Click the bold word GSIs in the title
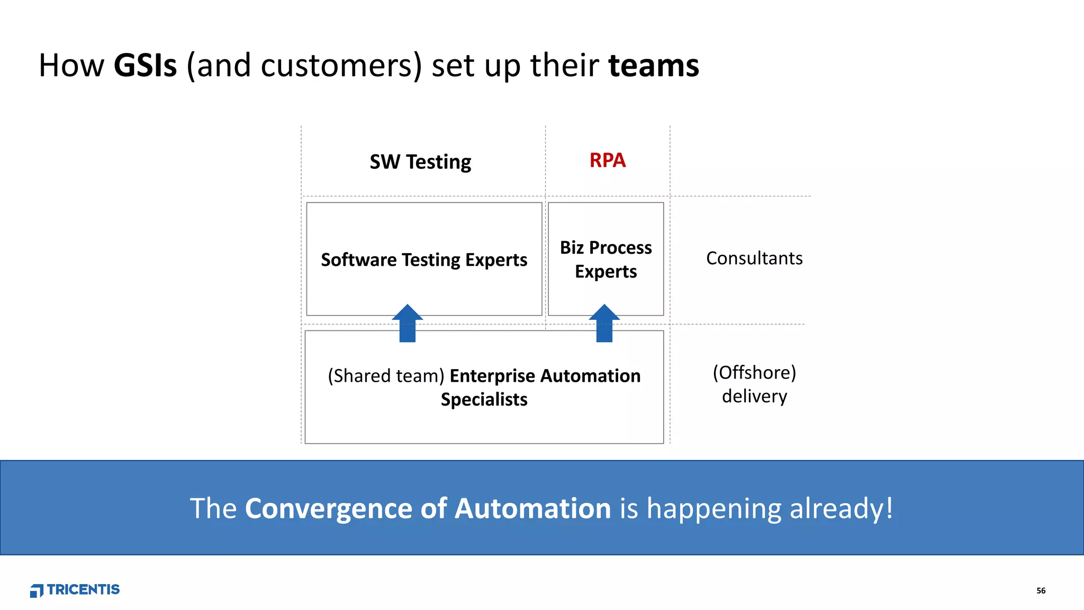[145, 66]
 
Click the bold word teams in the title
[654, 66]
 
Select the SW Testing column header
[420, 162]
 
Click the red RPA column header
[607, 160]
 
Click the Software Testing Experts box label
[424, 260]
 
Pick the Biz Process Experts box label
[606, 259]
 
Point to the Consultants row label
[754, 258]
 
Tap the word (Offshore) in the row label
[754, 373]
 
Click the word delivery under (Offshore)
[754, 396]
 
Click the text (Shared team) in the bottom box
[386, 376]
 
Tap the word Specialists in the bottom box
[484, 399]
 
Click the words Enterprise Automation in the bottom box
[545, 376]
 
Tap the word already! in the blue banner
[841, 508]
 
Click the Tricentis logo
[75, 590]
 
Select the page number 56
[1041, 590]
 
